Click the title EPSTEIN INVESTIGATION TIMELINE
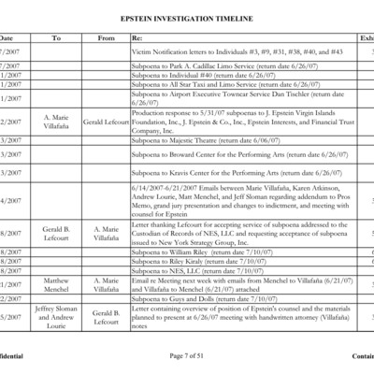187,18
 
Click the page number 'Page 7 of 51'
187,356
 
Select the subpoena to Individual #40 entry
206,75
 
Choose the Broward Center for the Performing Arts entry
234,153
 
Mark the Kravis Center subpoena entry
230,173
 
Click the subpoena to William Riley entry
196,252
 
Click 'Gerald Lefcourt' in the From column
106,122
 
